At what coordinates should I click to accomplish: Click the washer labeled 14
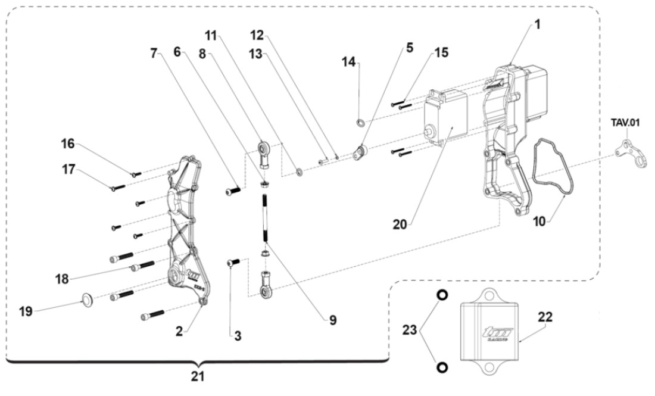(x=361, y=123)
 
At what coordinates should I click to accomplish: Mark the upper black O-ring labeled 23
(x=442, y=295)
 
